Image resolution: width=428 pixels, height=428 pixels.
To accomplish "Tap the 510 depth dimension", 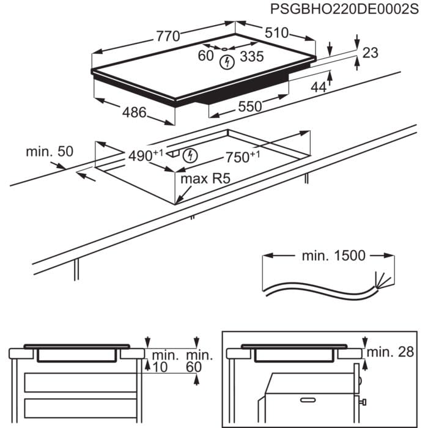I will (x=276, y=33).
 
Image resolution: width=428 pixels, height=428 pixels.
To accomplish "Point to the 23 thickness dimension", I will (x=371, y=53).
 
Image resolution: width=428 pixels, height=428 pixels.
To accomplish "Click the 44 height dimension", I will (x=319, y=87).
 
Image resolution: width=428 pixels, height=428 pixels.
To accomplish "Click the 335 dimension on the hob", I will (x=251, y=57).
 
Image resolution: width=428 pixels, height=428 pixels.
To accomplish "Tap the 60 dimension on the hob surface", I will (x=205, y=56).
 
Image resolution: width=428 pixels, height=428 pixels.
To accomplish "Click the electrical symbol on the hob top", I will (x=228, y=61).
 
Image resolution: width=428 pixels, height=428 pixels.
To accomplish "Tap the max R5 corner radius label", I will (x=206, y=180).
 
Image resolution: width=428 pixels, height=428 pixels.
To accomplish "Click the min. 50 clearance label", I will (x=48, y=150).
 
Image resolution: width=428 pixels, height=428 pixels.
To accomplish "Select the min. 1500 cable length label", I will (x=333, y=256).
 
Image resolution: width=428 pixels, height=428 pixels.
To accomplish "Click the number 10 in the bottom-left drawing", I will (x=161, y=367).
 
